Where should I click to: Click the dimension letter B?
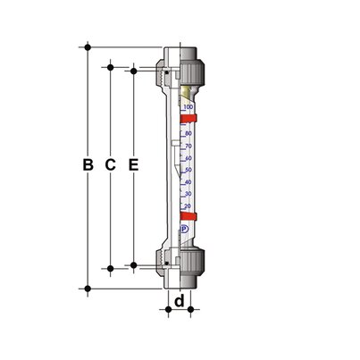pyautogui.click(x=88, y=165)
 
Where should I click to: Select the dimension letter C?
pyautogui.click(x=110, y=165)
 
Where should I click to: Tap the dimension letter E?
pyautogui.click(x=133, y=165)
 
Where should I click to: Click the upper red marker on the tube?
pyautogui.click(x=187, y=117)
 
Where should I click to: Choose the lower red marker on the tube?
pyautogui.click(x=187, y=215)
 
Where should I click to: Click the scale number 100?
pyautogui.click(x=187, y=107)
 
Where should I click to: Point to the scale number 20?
pyautogui.click(x=188, y=205)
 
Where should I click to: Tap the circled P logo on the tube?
pyautogui.click(x=185, y=230)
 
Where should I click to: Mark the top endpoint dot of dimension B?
pyautogui.click(x=88, y=45)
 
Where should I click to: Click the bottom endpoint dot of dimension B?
pyautogui.click(x=88, y=287)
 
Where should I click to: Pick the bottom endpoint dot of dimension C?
pyautogui.click(x=110, y=267)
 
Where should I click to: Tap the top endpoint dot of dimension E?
pyautogui.click(x=133, y=69)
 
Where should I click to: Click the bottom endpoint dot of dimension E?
pyautogui.click(x=133, y=263)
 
